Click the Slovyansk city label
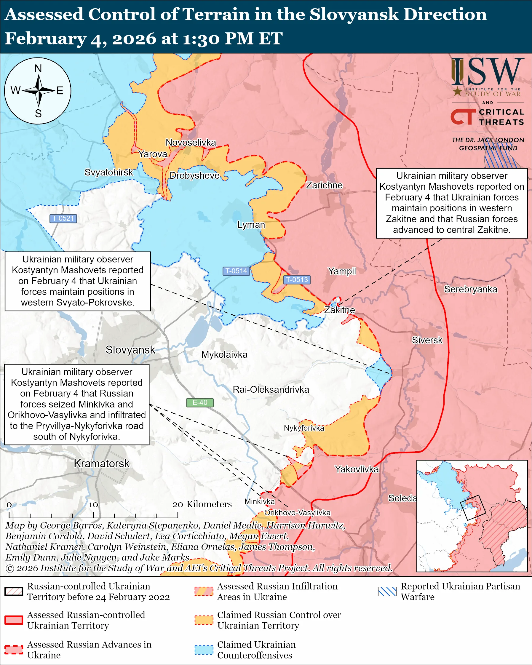130,350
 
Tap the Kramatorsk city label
101,463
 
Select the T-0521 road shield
63,218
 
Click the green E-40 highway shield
200,402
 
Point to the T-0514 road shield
236,271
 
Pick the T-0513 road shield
297,279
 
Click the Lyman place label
251,225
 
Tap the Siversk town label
427,340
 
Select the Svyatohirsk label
108,172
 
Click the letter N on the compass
38,68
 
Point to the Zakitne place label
339,310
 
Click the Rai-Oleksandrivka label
271,390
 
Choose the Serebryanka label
470,289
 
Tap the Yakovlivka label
357,469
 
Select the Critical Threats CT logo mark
463,117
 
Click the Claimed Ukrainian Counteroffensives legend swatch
204,650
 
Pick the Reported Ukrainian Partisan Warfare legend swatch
387,591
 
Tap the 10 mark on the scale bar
93,505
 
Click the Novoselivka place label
191,143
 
